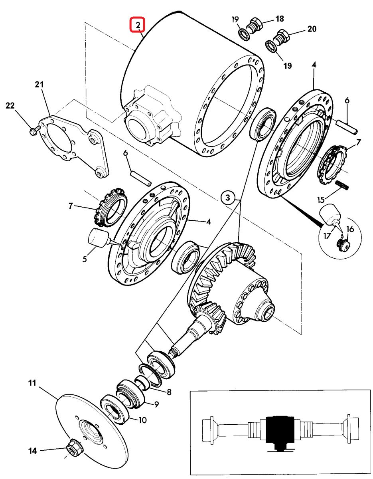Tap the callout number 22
10,106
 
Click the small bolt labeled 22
34,130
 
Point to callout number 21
39,85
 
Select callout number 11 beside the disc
32,384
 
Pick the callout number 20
311,29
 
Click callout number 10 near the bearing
143,420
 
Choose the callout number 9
156,404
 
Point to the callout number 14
32,451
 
